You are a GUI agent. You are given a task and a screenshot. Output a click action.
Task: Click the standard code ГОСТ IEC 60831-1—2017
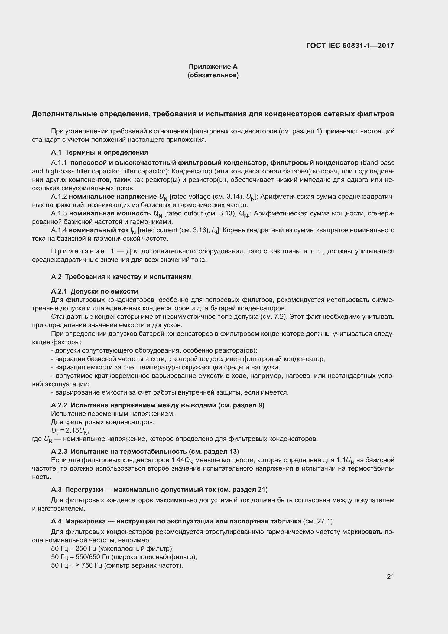[350, 46]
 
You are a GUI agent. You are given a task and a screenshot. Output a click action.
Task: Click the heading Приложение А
[213, 67]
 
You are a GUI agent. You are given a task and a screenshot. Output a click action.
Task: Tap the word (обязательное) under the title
[213, 75]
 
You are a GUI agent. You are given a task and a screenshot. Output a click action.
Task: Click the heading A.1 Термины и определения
[99, 152]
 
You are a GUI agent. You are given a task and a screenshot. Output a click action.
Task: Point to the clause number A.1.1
[59, 163]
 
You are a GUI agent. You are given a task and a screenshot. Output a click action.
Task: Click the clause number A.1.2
[59, 197]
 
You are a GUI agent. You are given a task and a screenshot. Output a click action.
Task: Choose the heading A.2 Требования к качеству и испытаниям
[121, 277]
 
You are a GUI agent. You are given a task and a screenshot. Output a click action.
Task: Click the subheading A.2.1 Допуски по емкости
[94, 291]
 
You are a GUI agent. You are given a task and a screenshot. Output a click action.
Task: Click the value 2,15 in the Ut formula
[72, 430]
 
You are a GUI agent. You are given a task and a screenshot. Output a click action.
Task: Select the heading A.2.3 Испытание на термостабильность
[145, 452]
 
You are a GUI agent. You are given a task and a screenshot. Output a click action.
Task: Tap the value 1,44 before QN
[178, 460]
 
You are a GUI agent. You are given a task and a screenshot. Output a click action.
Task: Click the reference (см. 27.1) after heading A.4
[318, 521]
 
